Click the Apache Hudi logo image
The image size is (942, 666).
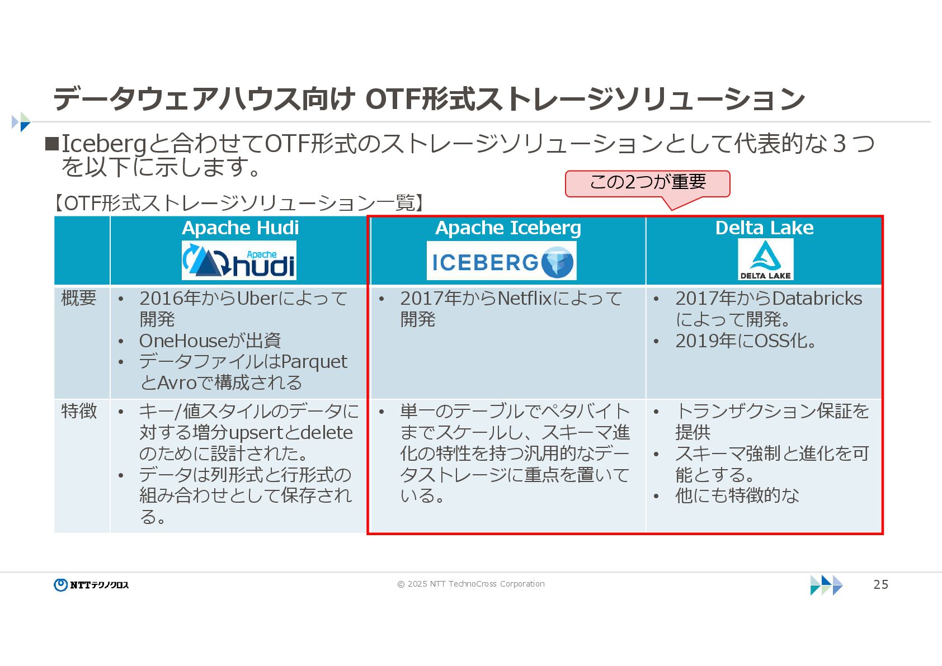tap(239, 261)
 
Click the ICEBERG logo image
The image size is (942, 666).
tap(501, 261)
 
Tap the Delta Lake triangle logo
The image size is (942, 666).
tap(765, 259)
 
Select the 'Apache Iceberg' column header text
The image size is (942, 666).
tap(508, 228)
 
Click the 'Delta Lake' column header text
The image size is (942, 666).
tap(764, 228)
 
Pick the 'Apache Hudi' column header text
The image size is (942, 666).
tap(240, 228)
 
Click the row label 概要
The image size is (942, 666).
tap(79, 298)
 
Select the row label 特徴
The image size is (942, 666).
tap(79, 412)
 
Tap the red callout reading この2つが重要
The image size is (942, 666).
tap(647, 183)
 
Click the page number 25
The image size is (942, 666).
tap(880, 584)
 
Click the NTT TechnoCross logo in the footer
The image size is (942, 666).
tap(92, 585)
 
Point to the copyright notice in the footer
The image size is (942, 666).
tap(470, 584)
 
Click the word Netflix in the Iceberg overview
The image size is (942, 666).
tap(525, 299)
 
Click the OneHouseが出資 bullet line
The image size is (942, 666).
tap(210, 341)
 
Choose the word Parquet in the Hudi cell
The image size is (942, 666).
tap(314, 362)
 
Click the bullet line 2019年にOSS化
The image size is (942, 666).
tap(745, 341)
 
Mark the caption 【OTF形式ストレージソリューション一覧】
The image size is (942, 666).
tap(237, 203)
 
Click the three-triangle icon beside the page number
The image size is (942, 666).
tap(826, 585)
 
